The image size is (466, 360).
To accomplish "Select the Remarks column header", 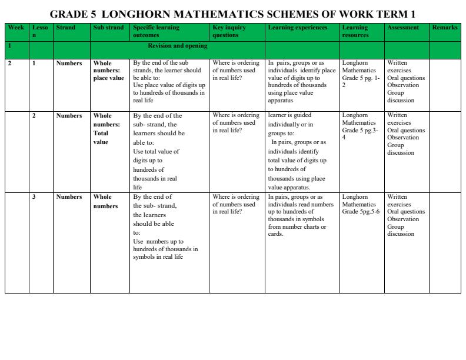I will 444,28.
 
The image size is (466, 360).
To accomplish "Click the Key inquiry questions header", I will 229,31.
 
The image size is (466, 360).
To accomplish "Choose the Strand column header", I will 65,28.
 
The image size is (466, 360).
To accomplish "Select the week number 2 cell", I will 9,64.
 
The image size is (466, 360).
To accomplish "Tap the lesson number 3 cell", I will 34,197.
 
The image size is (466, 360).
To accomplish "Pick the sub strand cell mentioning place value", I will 108,71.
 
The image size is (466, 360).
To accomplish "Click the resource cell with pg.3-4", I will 361,126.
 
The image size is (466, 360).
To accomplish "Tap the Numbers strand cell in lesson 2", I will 69,116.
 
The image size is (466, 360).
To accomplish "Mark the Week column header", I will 16,28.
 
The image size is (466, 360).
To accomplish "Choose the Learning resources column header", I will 355,31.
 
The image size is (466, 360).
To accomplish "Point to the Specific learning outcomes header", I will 156,31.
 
